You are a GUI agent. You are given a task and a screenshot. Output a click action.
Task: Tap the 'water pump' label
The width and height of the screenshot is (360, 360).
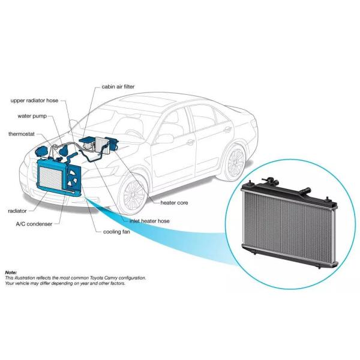[32, 116]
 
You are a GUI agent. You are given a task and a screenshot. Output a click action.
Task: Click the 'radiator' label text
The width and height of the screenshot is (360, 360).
[17, 211]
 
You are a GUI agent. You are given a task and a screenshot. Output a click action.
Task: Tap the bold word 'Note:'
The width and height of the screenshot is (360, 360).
[11, 272]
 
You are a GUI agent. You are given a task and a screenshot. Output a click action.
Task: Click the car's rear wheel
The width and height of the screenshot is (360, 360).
[236, 160]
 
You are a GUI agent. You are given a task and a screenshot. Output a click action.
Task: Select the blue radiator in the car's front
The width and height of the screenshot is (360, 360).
[50, 178]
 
